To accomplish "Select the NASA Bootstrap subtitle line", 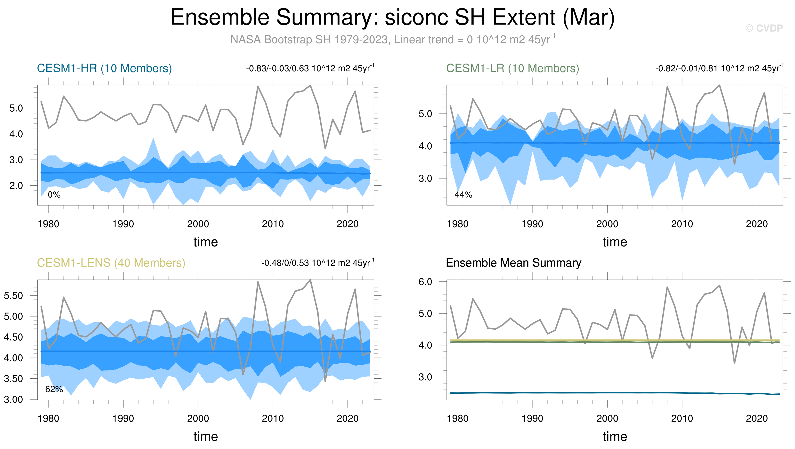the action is [x=393, y=39].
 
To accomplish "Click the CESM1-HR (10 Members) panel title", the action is [x=104, y=68].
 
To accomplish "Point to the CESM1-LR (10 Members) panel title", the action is [x=513, y=68].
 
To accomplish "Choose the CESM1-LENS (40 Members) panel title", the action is [x=111, y=263].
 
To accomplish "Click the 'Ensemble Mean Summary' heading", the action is [x=513, y=263].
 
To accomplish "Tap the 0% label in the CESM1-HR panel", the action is [x=54, y=195].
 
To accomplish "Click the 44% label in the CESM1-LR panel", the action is [x=463, y=195].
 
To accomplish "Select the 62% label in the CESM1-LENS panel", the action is [x=54, y=389].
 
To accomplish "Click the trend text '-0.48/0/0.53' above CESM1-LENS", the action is [x=285, y=263].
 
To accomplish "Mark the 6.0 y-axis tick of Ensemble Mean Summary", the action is [x=425, y=281].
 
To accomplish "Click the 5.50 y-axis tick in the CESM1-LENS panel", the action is [x=13, y=296].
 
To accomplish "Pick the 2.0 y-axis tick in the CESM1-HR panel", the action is [x=16, y=186].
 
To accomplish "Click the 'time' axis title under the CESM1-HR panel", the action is [x=205, y=242].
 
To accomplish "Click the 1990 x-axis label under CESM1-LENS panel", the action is [x=123, y=418].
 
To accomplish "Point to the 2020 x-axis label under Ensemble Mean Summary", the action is [x=757, y=418].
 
